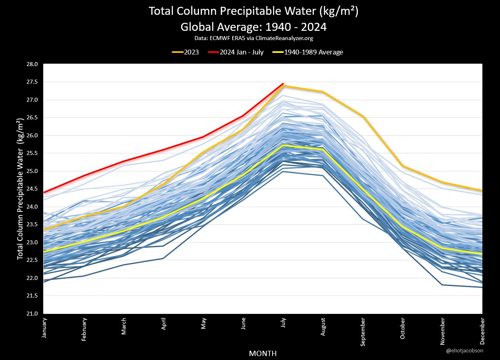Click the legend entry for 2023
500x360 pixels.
186,52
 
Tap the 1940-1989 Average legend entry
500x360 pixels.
307,52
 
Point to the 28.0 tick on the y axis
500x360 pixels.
32,64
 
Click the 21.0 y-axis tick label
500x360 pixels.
32,314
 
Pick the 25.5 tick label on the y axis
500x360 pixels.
32,153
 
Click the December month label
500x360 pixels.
482,331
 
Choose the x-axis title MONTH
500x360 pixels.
263,353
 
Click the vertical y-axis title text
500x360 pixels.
20,189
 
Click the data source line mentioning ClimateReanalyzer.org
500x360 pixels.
253,39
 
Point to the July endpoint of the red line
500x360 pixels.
283,84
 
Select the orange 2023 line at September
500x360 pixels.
363,116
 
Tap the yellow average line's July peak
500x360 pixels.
283,145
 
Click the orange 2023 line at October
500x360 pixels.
403,166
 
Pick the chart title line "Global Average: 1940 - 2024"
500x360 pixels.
253,27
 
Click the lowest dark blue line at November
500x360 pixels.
442,285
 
